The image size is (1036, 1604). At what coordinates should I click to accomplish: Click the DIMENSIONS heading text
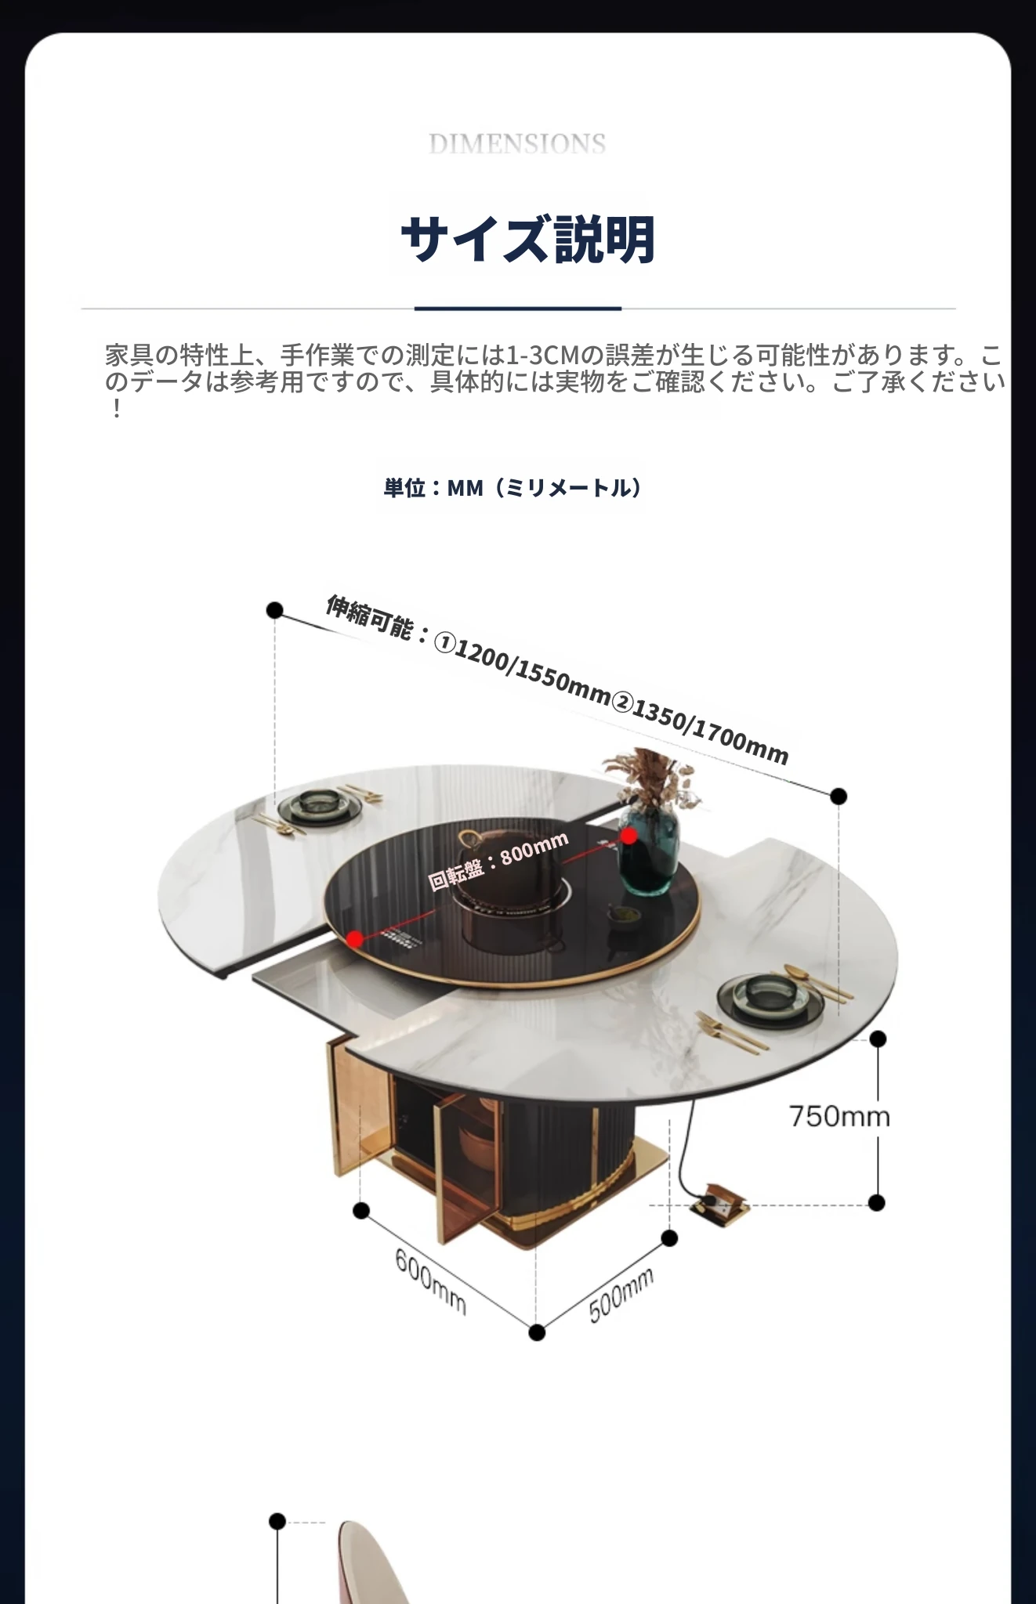517,143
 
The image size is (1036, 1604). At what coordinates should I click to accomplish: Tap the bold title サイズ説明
527,239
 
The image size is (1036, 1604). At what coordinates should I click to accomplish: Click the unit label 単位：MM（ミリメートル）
513,488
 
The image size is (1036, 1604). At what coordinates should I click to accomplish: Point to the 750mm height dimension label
839,1115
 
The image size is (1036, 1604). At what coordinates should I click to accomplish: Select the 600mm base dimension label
430,1281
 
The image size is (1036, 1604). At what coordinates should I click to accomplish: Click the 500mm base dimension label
621,1296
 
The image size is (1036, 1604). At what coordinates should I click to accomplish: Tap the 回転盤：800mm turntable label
498,861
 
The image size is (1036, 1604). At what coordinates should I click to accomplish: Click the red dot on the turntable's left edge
355,938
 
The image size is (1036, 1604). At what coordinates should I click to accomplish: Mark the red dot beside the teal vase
628,836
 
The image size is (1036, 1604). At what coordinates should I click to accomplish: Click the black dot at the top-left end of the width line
274,610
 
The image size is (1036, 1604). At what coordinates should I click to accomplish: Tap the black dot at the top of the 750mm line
878,1039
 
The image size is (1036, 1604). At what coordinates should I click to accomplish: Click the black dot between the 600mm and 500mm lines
537,1332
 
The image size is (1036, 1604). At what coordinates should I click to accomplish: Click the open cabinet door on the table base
462,1167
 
